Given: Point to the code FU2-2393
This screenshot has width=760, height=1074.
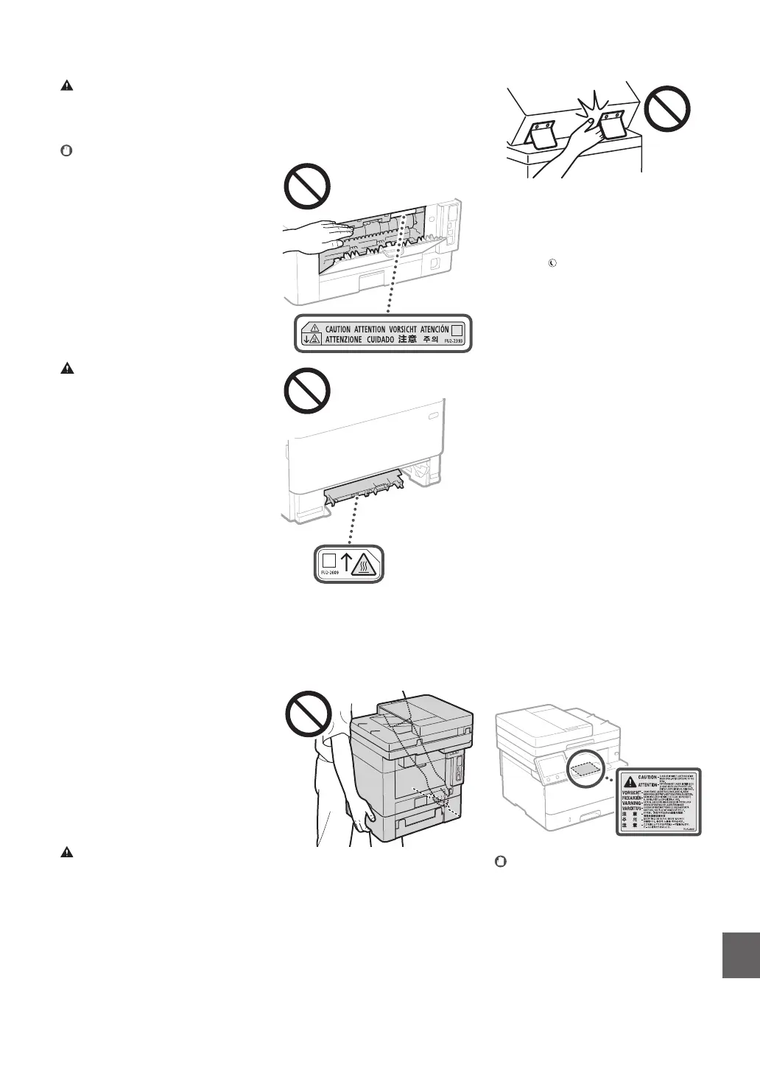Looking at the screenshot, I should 457,341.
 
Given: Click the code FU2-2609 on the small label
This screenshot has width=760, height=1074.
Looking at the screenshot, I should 329,572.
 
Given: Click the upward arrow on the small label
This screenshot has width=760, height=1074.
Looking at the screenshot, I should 345,563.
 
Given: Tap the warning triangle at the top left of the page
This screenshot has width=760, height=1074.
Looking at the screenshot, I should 66,86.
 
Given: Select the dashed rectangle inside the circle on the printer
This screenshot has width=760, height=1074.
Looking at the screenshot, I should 586,768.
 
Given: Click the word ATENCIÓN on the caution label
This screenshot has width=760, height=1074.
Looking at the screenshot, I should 429,329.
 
